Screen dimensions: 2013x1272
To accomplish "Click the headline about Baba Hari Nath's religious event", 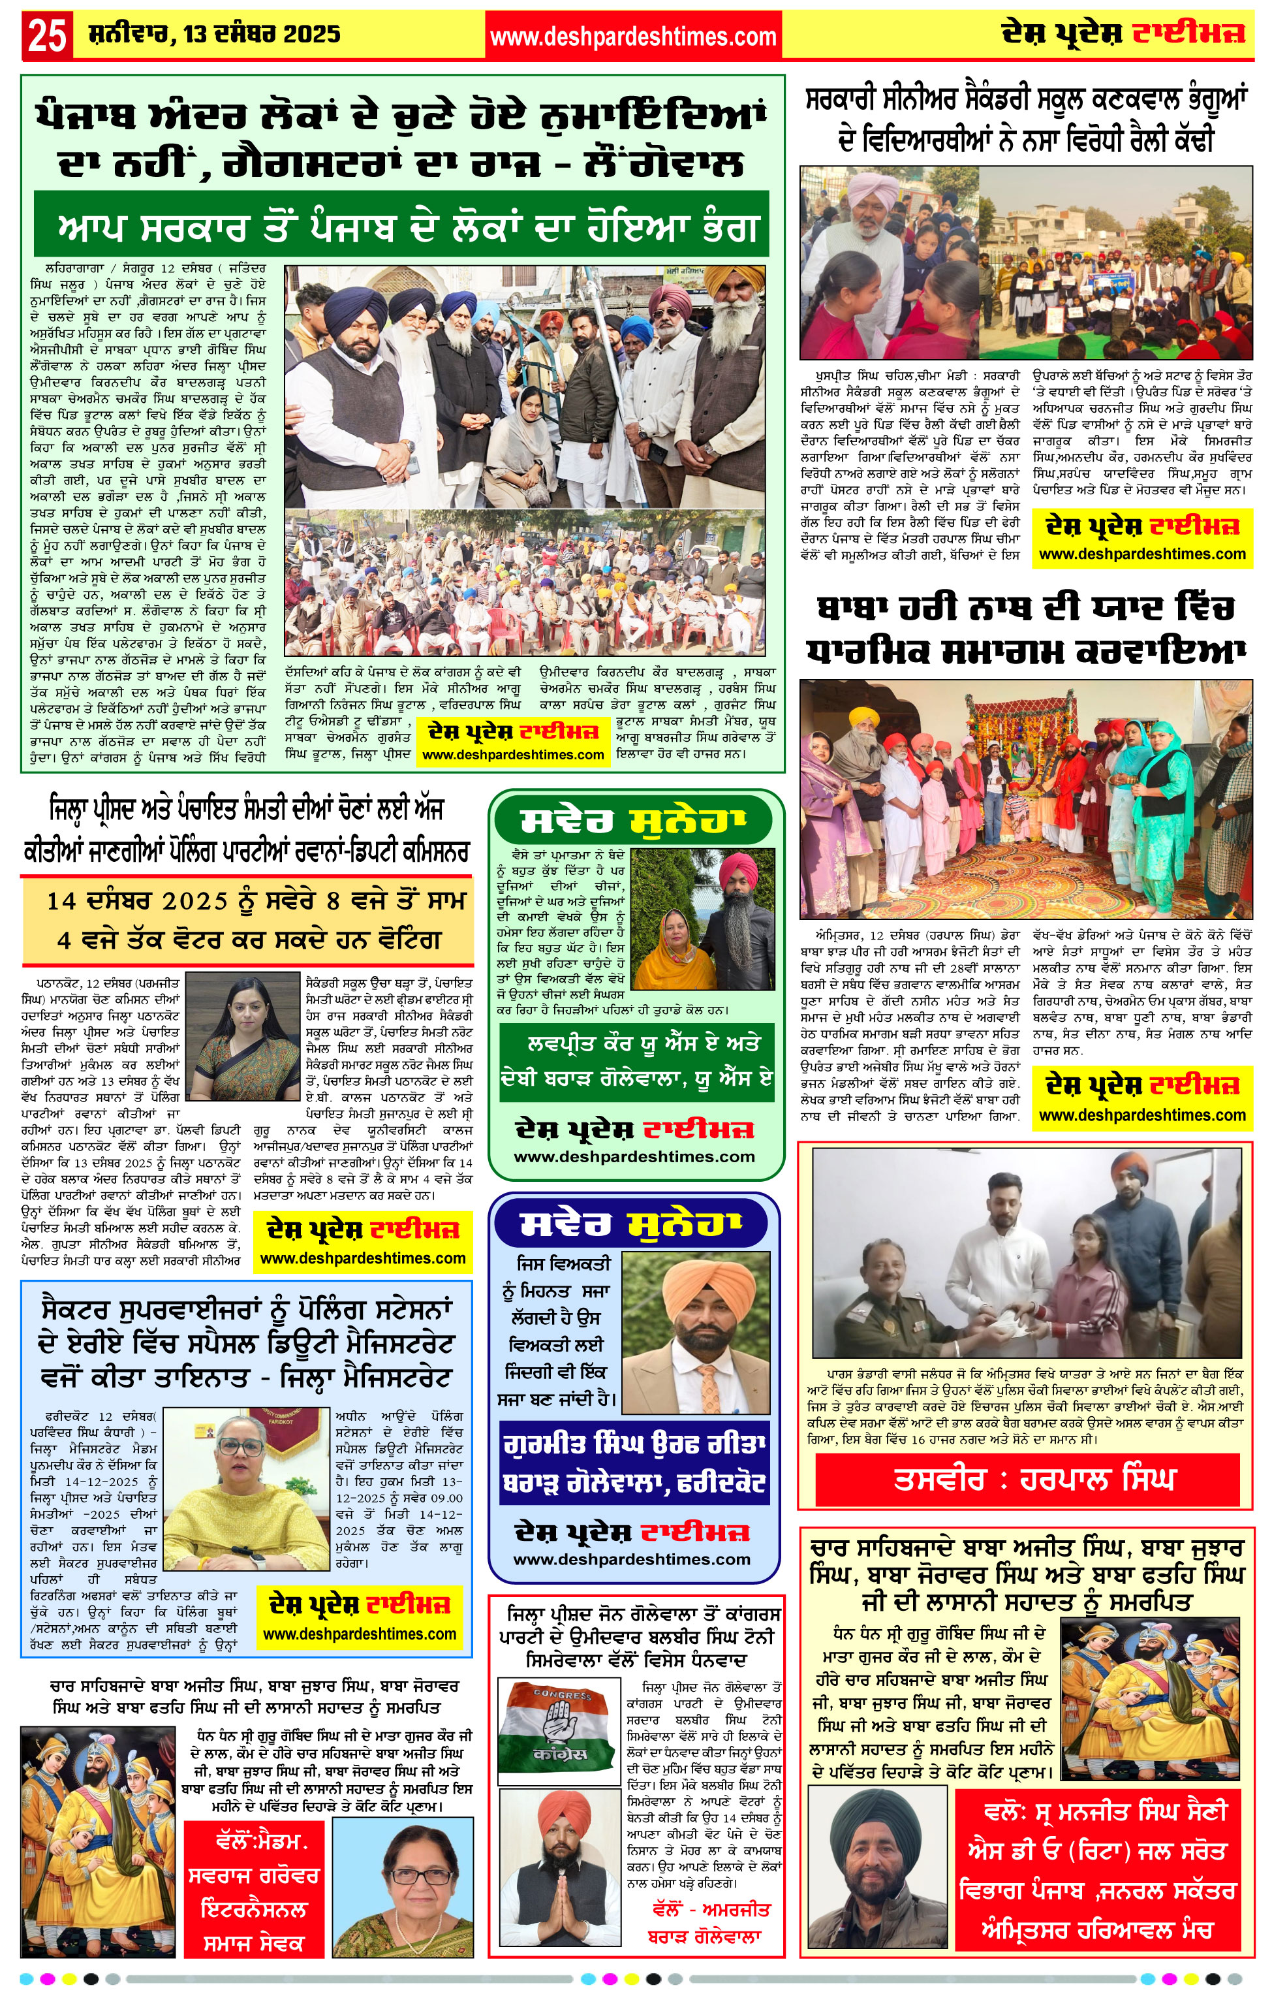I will (x=1027, y=629).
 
